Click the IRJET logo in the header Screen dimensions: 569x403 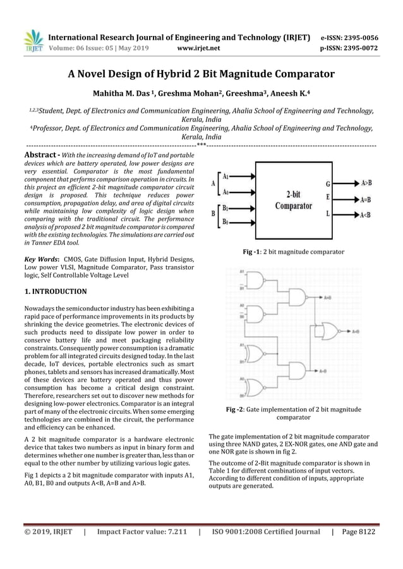tap(32, 41)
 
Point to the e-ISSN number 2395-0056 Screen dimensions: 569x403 tap(357, 37)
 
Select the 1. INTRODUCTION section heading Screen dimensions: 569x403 tap(56, 291)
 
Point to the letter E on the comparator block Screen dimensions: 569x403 tap(327, 197)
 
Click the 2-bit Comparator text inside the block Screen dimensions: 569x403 tap(294, 200)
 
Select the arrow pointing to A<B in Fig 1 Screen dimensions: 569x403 tap(347, 214)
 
